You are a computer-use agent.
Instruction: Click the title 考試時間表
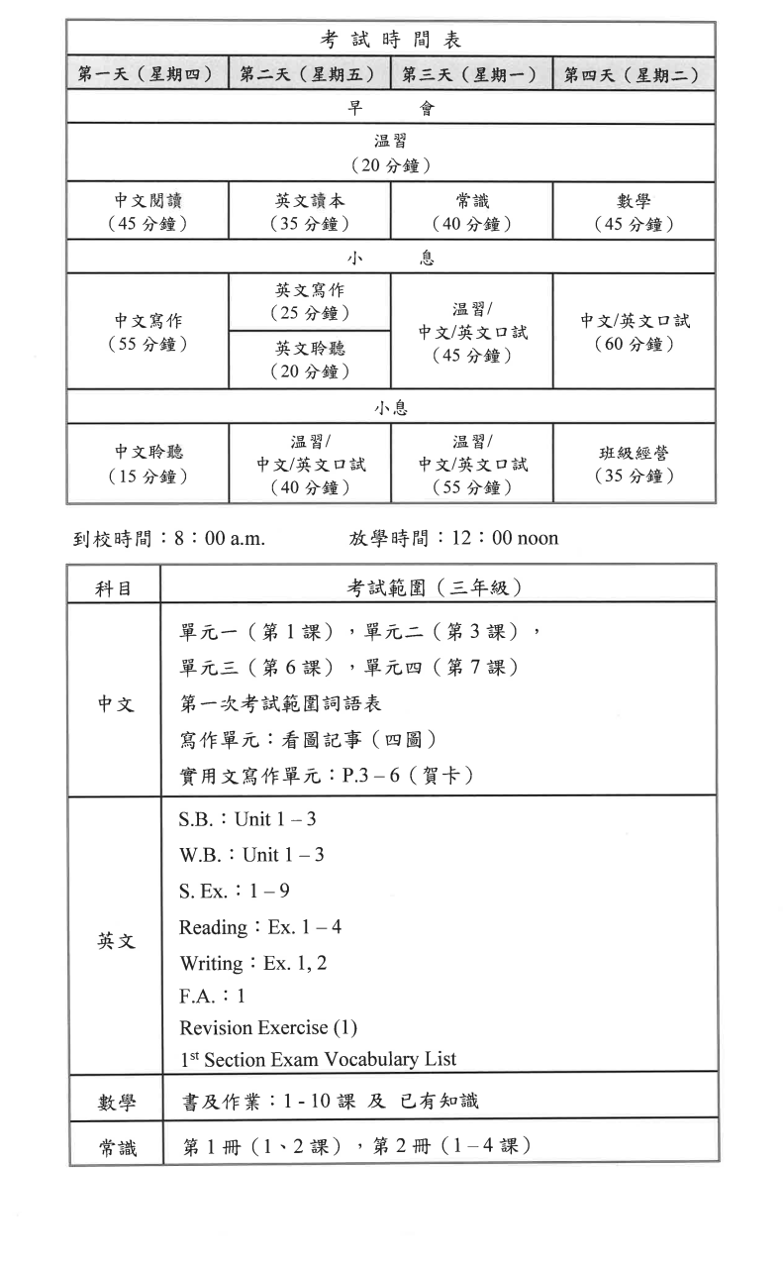click(391, 41)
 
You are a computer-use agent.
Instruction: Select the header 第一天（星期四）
click(147, 75)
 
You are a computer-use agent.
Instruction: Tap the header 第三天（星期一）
click(470, 75)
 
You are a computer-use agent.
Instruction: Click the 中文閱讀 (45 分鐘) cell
click(147, 212)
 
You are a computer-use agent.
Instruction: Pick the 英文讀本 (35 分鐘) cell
click(309, 212)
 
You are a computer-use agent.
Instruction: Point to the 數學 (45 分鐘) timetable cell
click(634, 212)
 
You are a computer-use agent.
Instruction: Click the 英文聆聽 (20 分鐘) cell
click(309, 360)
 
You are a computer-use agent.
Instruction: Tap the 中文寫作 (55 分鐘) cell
click(147, 332)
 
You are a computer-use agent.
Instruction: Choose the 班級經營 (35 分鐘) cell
click(634, 465)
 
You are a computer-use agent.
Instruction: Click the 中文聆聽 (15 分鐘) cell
click(147, 465)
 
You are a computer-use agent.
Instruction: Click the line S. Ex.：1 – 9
click(234, 891)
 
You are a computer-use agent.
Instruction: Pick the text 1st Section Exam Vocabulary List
click(318, 1058)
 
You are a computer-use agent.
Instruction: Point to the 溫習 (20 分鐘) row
click(391, 153)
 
